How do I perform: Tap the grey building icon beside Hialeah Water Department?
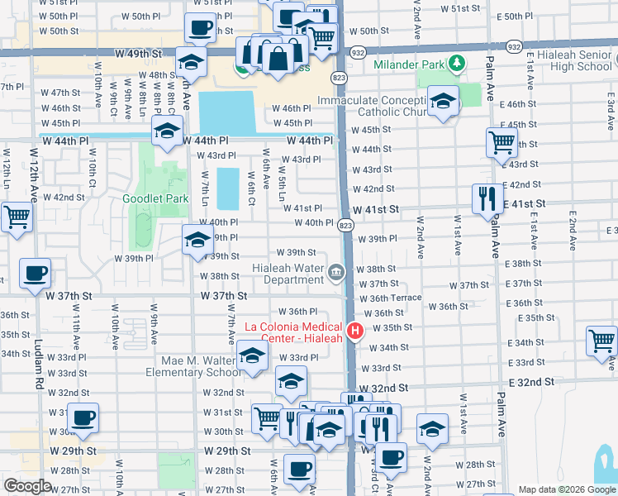tap(336, 272)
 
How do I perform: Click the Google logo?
tap(28, 486)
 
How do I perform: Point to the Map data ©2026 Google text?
tap(566, 489)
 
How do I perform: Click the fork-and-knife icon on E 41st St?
tap(487, 198)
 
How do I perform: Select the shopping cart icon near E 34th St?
tap(601, 340)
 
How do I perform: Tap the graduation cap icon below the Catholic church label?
tap(444, 103)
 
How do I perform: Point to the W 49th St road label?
tap(137, 53)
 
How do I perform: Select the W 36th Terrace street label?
tap(391, 298)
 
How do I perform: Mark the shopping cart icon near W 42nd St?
tap(16, 218)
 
